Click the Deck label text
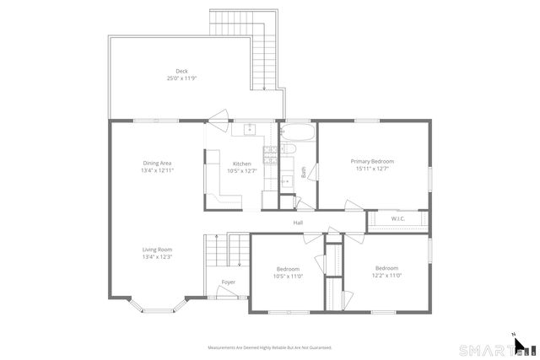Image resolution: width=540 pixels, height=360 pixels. [181, 71]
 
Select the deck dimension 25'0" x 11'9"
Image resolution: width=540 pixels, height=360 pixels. [181, 78]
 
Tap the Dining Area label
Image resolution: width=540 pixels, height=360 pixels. [158, 163]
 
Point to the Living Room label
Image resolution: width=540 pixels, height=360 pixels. [157, 250]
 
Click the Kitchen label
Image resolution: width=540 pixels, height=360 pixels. [242, 163]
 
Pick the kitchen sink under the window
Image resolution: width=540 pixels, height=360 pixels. [249, 130]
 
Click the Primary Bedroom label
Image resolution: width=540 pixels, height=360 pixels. [372, 161]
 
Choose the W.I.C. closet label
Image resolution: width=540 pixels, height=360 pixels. [397, 219]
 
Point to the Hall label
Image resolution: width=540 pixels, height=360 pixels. [298, 223]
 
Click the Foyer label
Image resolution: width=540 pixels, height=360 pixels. [229, 282]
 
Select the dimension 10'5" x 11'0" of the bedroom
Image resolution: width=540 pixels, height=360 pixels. [288, 276]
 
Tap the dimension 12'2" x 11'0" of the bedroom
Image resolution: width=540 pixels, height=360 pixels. [387, 275]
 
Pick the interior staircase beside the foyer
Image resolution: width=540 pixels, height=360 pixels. [227, 253]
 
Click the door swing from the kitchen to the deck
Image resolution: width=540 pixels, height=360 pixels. [219, 118]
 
